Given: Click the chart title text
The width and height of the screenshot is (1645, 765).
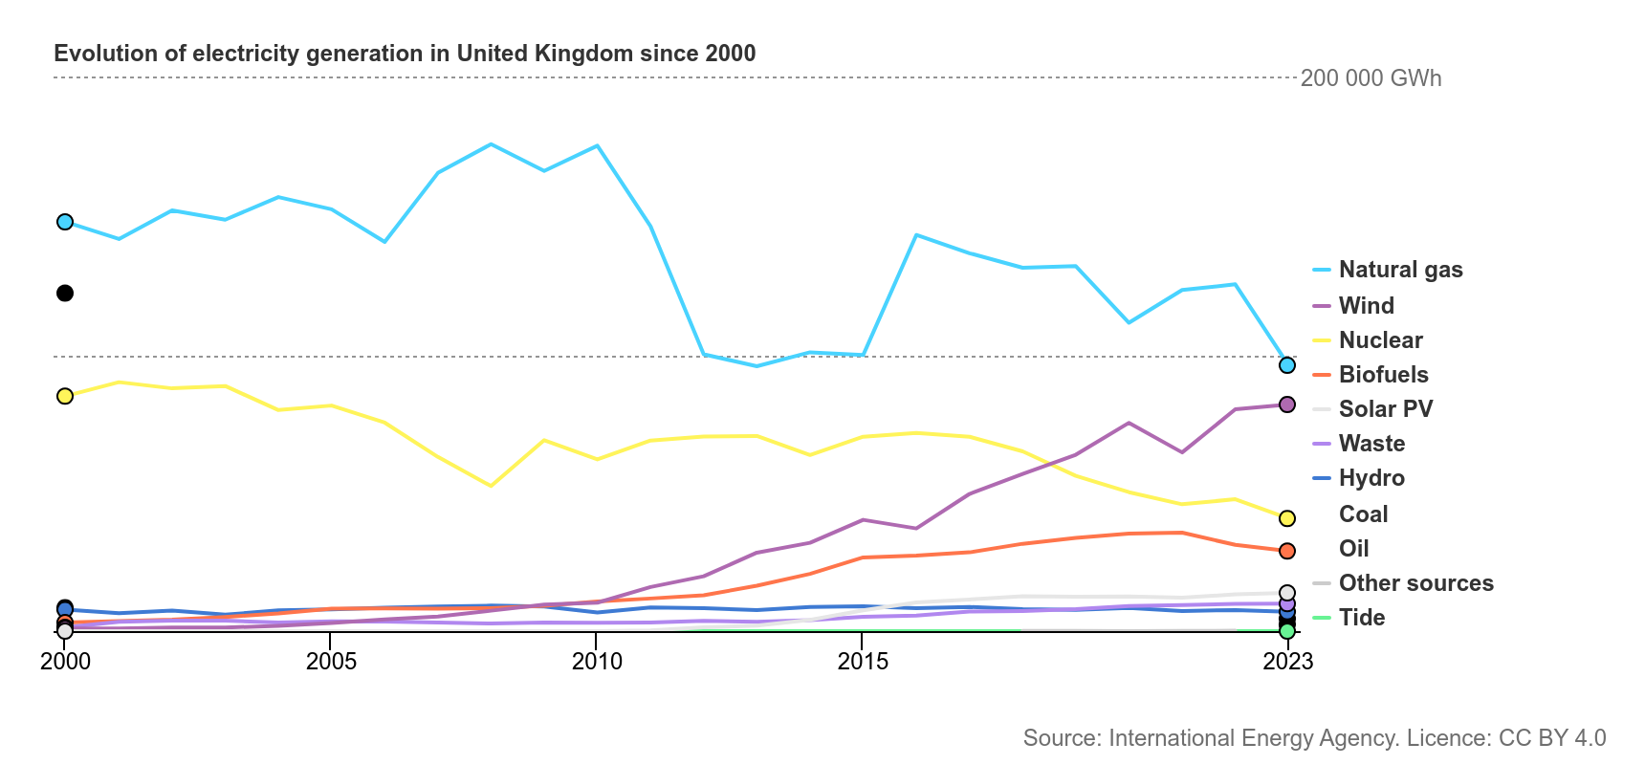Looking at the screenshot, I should coord(405,54).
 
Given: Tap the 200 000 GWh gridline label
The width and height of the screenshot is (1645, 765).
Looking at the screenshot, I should coord(1371,78).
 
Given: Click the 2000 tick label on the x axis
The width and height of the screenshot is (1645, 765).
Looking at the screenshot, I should coord(65,661).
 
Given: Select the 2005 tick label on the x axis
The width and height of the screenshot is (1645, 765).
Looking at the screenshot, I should coord(331,661).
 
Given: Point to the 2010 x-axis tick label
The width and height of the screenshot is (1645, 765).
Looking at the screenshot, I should coord(597,661).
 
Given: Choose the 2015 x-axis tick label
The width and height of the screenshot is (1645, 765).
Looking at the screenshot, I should coord(863,661).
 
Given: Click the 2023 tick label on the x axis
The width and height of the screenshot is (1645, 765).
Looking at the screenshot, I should coord(1287,661).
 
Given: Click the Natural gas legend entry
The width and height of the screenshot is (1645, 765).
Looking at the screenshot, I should coord(1400,270).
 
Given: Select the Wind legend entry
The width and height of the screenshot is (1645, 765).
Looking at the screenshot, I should coord(1366,306).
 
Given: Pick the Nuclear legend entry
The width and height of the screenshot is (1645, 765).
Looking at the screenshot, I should coord(1380,340).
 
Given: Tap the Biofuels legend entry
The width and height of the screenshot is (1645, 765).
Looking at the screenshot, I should coord(1383,375).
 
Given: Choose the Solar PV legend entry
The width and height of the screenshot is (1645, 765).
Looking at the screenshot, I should coord(1385,409).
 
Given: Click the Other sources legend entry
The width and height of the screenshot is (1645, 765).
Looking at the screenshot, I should coord(1415,583).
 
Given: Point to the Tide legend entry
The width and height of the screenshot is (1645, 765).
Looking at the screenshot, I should coord(1361,618).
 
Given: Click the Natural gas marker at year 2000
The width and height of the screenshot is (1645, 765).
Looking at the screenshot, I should coord(65,222).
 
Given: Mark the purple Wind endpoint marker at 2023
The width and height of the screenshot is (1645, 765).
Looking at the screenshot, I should coord(1287,404).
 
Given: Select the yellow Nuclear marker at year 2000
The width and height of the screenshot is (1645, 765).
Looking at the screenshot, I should coord(65,396).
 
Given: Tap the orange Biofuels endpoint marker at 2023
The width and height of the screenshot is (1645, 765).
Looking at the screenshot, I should coord(1287,551).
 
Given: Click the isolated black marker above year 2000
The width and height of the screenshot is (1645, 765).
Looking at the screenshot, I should coord(65,294).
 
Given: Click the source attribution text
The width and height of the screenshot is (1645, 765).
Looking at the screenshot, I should coord(1314,738).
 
